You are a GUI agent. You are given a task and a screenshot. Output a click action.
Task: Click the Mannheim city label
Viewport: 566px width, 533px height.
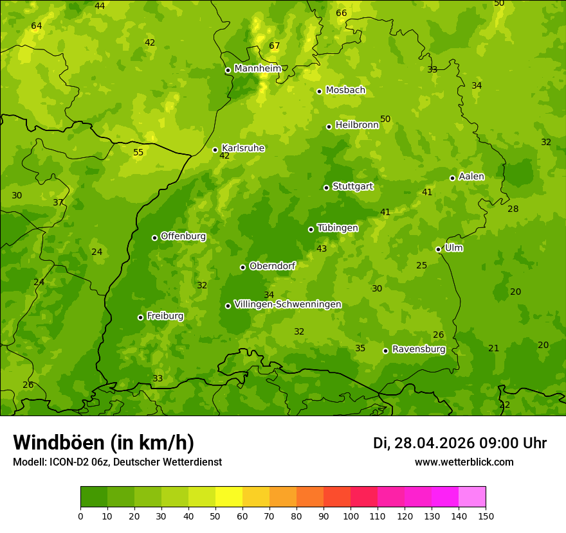257,69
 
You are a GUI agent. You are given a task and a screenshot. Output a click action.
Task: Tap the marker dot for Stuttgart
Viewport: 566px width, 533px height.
326,188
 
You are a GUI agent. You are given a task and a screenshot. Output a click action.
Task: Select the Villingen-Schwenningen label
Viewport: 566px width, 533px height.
288,304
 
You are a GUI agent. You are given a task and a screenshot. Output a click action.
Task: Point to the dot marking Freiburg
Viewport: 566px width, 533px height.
140,317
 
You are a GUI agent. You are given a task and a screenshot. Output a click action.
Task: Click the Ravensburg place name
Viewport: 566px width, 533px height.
419,349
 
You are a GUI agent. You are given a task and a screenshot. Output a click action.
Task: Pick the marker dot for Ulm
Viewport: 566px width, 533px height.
438,249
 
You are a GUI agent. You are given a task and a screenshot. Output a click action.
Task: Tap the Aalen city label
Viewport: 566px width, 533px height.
471,177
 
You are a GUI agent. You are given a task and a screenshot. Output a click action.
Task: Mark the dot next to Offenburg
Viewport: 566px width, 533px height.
154,238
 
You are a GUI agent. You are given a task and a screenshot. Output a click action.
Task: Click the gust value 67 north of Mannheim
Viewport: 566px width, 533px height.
275,46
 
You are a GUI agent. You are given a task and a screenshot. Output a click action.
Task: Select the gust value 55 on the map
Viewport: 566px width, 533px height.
138,153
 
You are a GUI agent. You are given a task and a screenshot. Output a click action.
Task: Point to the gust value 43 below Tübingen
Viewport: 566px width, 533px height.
322,249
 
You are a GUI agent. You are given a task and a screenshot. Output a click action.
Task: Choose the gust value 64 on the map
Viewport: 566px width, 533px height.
37,26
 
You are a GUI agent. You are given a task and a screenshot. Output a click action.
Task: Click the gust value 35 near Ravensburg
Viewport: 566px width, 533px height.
360,349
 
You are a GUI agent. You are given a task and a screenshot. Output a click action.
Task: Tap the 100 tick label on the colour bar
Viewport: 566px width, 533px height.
351,516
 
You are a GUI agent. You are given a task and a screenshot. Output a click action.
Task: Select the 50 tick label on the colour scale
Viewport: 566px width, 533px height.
215,516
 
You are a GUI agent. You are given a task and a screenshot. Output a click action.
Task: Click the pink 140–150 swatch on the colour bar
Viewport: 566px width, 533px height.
472,497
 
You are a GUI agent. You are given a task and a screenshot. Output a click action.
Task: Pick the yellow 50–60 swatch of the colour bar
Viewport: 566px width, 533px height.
229,497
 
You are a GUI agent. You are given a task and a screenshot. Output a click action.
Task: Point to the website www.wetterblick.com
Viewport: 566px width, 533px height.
464,462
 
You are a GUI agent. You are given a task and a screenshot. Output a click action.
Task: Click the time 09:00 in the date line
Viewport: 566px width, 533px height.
501,443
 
